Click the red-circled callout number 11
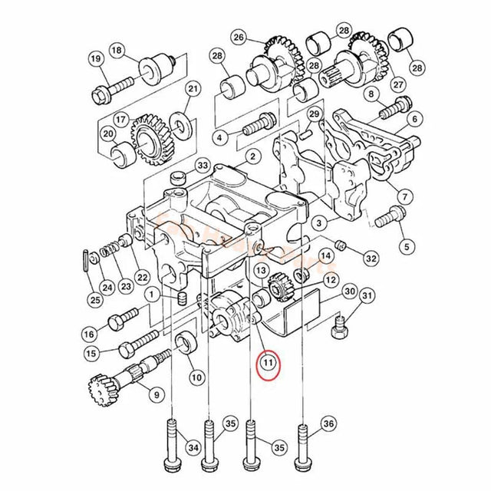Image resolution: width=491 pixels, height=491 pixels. pos(269,363)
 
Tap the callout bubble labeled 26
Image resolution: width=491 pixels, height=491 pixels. pos(238,37)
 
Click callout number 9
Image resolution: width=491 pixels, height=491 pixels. pos(157,395)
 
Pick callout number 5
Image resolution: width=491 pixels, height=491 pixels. pos(407,246)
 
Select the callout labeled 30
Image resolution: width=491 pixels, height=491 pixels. pos(349,292)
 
